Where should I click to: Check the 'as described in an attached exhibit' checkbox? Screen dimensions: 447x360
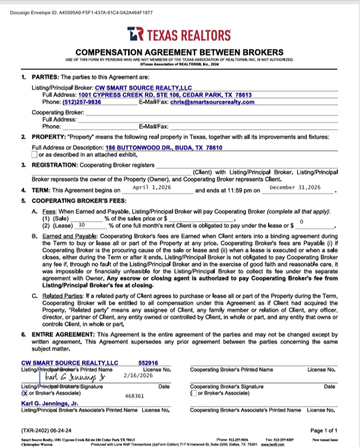[34, 154]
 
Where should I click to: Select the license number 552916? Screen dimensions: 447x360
[148, 362]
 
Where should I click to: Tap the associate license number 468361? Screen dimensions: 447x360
[135, 395]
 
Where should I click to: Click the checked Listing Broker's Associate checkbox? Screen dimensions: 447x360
[25, 393]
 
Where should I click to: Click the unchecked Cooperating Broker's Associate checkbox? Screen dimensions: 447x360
[194, 393]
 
